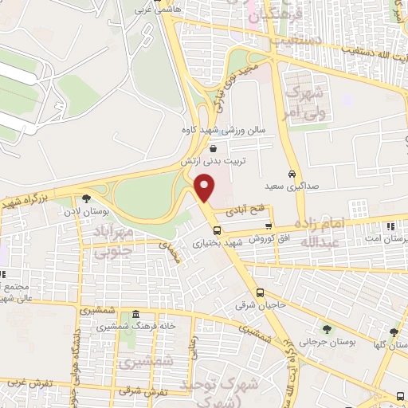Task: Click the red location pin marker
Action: [205, 188]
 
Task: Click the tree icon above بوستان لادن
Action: [84, 199]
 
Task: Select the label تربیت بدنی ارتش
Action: [213, 160]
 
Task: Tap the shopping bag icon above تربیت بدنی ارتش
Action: [213, 148]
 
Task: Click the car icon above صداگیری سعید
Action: [292, 174]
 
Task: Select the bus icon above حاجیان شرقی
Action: [261, 293]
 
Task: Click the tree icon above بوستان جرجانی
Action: [326, 328]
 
